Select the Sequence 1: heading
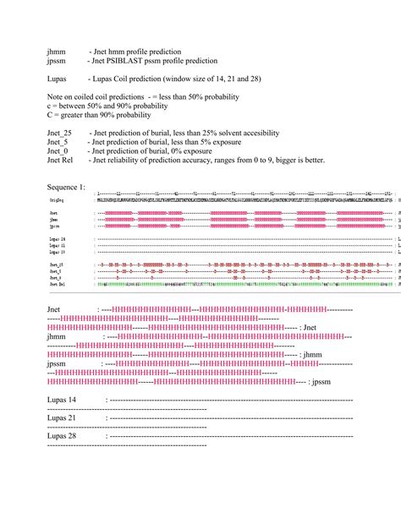pos(66,186)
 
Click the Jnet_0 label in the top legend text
pos(58,151)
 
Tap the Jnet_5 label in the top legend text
pos(58,142)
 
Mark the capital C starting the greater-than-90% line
pos(50,116)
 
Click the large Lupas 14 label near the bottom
pos(62,399)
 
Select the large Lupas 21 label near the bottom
pos(62,417)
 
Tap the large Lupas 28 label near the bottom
pos(62,436)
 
